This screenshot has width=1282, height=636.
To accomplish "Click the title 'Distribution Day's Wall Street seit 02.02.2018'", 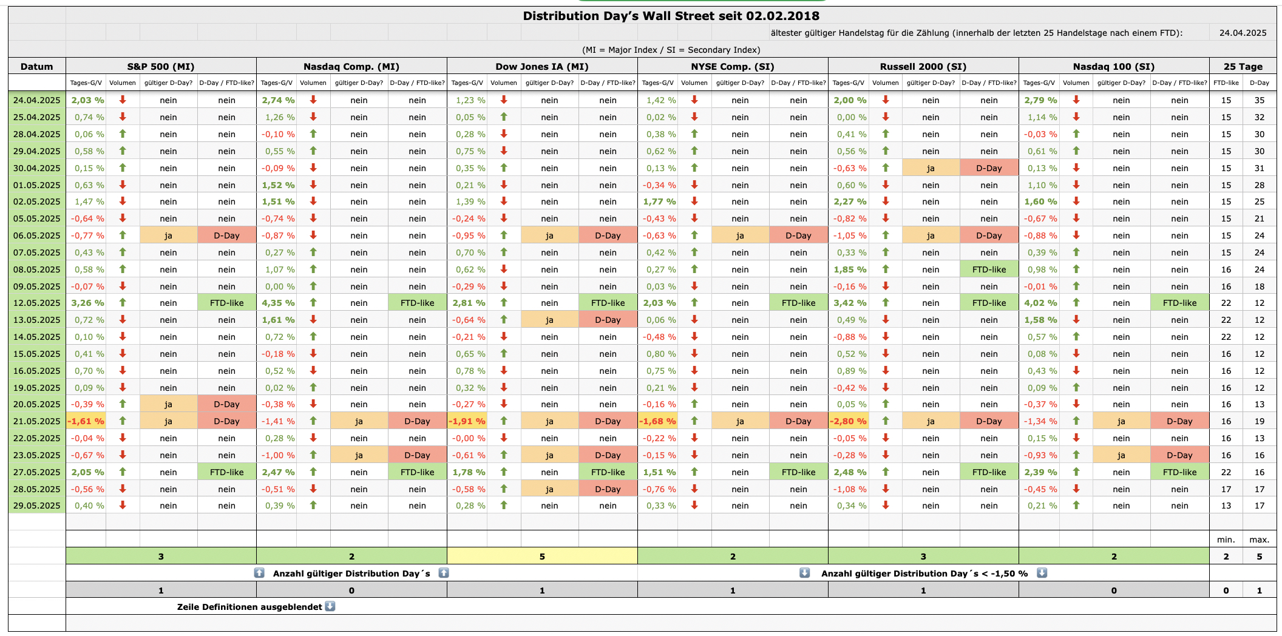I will pos(671,16).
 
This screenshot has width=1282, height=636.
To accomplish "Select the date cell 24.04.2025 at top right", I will pos(1243,33).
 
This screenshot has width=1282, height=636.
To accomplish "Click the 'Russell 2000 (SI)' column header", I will pos(923,66).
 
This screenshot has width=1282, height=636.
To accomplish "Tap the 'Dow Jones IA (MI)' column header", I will pos(541,66).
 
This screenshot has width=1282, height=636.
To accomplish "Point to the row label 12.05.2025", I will pos(36,303).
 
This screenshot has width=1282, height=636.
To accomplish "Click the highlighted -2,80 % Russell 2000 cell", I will pos(849,421).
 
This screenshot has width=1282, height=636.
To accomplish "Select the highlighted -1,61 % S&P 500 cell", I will pos(86,421).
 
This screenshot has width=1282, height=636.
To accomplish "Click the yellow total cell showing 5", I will pos(541,556).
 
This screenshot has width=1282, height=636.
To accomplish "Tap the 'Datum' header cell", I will pos(36,66).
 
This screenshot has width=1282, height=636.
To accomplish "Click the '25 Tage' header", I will pos(1243,66).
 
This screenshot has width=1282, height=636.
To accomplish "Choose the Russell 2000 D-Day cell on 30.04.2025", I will pos(989,168).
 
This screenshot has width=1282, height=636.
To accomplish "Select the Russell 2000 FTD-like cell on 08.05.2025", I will pos(989,269).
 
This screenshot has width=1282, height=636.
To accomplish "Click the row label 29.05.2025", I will pos(36,506).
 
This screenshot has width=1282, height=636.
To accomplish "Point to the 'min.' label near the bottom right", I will pos(1226,540).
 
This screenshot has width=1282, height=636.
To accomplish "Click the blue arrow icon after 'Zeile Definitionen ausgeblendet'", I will pos(330,606).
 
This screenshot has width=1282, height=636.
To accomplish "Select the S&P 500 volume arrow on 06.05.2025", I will pos(123,235).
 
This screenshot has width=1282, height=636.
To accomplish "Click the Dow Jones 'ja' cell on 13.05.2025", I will pos(549,320).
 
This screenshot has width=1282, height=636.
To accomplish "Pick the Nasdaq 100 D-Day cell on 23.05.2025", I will pos(1179,455).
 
